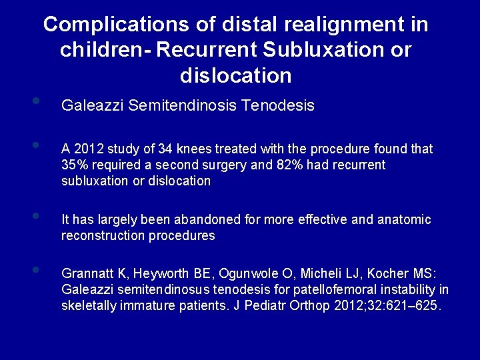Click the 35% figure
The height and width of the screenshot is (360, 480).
click(x=75, y=165)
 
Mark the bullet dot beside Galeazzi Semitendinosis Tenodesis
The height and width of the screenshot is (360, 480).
click(x=35, y=102)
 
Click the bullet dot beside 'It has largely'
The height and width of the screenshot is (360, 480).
click(x=35, y=216)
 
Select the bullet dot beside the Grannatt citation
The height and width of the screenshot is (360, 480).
click(x=35, y=270)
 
